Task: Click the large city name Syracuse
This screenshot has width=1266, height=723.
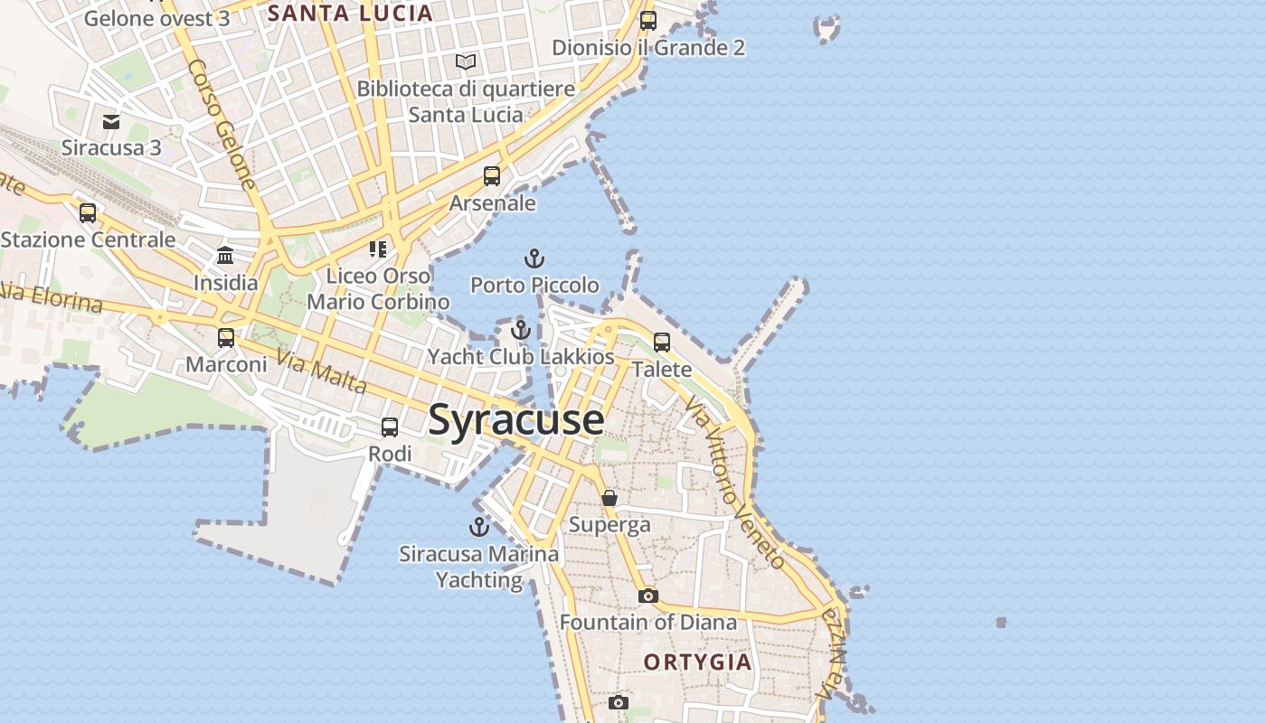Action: (516, 420)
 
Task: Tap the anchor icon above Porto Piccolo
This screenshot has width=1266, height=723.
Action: (534, 259)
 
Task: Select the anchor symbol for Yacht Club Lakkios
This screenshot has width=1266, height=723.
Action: (520, 331)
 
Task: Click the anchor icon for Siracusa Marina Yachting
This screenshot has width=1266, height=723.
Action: (478, 527)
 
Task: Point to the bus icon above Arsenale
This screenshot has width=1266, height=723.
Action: (492, 176)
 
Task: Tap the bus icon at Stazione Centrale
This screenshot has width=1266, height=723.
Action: (88, 213)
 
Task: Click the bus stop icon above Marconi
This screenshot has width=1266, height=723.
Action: (226, 338)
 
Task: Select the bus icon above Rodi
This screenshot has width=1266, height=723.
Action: (390, 427)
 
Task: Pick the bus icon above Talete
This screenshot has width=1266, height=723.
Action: (662, 343)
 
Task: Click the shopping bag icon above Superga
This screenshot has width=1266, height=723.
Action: (609, 498)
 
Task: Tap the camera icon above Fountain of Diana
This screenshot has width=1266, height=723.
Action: (648, 596)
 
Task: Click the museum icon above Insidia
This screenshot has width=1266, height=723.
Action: (225, 256)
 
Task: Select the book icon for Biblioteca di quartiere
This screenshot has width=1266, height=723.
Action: (466, 62)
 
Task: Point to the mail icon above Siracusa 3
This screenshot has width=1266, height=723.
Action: (111, 121)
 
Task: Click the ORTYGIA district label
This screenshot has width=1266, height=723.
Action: (697, 662)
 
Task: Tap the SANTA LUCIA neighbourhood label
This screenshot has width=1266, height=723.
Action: (350, 14)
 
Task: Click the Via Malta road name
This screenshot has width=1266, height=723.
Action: (322, 373)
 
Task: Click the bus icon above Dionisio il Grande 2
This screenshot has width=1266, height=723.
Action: (648, 20)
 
